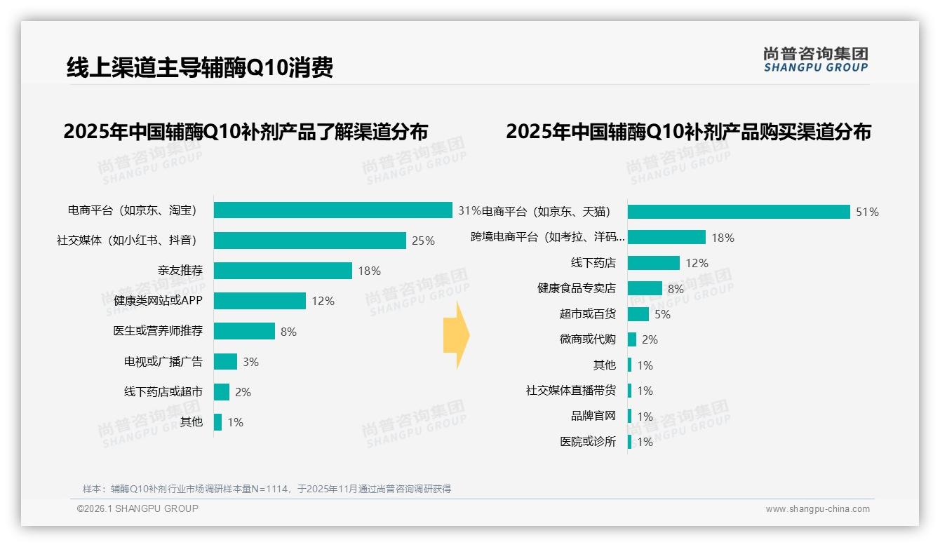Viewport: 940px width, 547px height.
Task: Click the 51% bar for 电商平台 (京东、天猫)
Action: pyautogui.click(x=739, y=212)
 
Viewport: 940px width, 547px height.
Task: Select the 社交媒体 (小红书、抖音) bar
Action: pyautogui.click(x=309, y=241)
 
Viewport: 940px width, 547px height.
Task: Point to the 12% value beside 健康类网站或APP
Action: pyautogui.click(x=323, y=301)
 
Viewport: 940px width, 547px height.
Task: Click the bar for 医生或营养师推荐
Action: pyautogui.click(x=244, y=331)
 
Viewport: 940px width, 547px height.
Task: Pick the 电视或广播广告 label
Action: pyautogui.click(x=163, y=362)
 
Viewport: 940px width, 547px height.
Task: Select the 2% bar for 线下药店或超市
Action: pyautogui.click(x=222, y=392)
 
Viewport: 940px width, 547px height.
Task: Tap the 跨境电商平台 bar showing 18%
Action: pyautogui.click(x=666, y=238)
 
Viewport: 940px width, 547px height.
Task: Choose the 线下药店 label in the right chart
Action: pyautogui.click(x=593, y=263)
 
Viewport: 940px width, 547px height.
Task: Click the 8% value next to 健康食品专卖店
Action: pyautogui.click(x=676, y=289)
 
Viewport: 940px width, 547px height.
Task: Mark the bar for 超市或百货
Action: pyautogui.click(x=638, y=314)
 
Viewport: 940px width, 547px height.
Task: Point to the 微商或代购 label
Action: pyautogui.click(x=587, y=339)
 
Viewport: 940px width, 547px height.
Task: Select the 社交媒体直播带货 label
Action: pyautogui.click(x=570, y=391)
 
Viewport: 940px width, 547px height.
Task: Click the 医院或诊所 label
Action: pyautogui.click(x=587, y=442)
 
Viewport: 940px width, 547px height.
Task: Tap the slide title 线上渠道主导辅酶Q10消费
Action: pyautogui.click(x=199, y=67)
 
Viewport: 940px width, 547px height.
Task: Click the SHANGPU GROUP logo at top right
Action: pyautogui.click(x=815, y=60)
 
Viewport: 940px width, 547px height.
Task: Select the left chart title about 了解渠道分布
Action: pyautogui.click(x=246, y=132)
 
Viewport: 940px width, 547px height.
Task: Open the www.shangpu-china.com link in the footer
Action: pyautogui.click(x=817, y=509)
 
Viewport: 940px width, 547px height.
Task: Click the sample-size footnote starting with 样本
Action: pyautogui.click(x=267, y=489)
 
